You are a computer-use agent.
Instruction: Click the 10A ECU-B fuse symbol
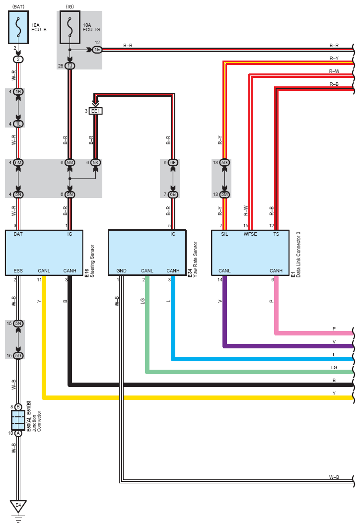click(x=18, y=27)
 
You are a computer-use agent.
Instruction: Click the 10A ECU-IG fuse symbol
click(x=70, y=27)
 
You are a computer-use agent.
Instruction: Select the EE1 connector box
click(x=95, y=111)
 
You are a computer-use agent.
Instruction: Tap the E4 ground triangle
click(x=18, y=506)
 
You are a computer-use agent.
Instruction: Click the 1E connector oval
click(x=97, y=50)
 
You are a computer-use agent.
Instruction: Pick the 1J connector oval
click(x=70, y=66)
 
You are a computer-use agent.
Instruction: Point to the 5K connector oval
click(x=95, y=163)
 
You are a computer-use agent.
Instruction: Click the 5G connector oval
click(x=224, y=163)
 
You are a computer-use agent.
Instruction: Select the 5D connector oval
click(x=18, y=356)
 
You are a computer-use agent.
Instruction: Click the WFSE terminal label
click(x=250, y=234)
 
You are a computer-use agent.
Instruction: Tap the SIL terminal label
click(x=224, y=234)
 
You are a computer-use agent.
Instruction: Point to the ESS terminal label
click(x=18, y=271)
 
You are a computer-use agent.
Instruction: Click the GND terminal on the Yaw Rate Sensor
click(x=122, y=271)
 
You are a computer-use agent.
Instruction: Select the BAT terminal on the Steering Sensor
click(x=18, y=234)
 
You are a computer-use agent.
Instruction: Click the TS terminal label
click(x=276, y=234)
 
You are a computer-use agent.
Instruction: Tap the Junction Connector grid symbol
click(x=18, y=420)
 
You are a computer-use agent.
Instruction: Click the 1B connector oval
click(x=18, y=92)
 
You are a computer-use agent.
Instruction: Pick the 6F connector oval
click(x=173, y=163)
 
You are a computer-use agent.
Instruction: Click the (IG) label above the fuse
click(x=70, y=7)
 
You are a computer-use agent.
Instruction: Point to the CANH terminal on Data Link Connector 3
click(x=276, y=271)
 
